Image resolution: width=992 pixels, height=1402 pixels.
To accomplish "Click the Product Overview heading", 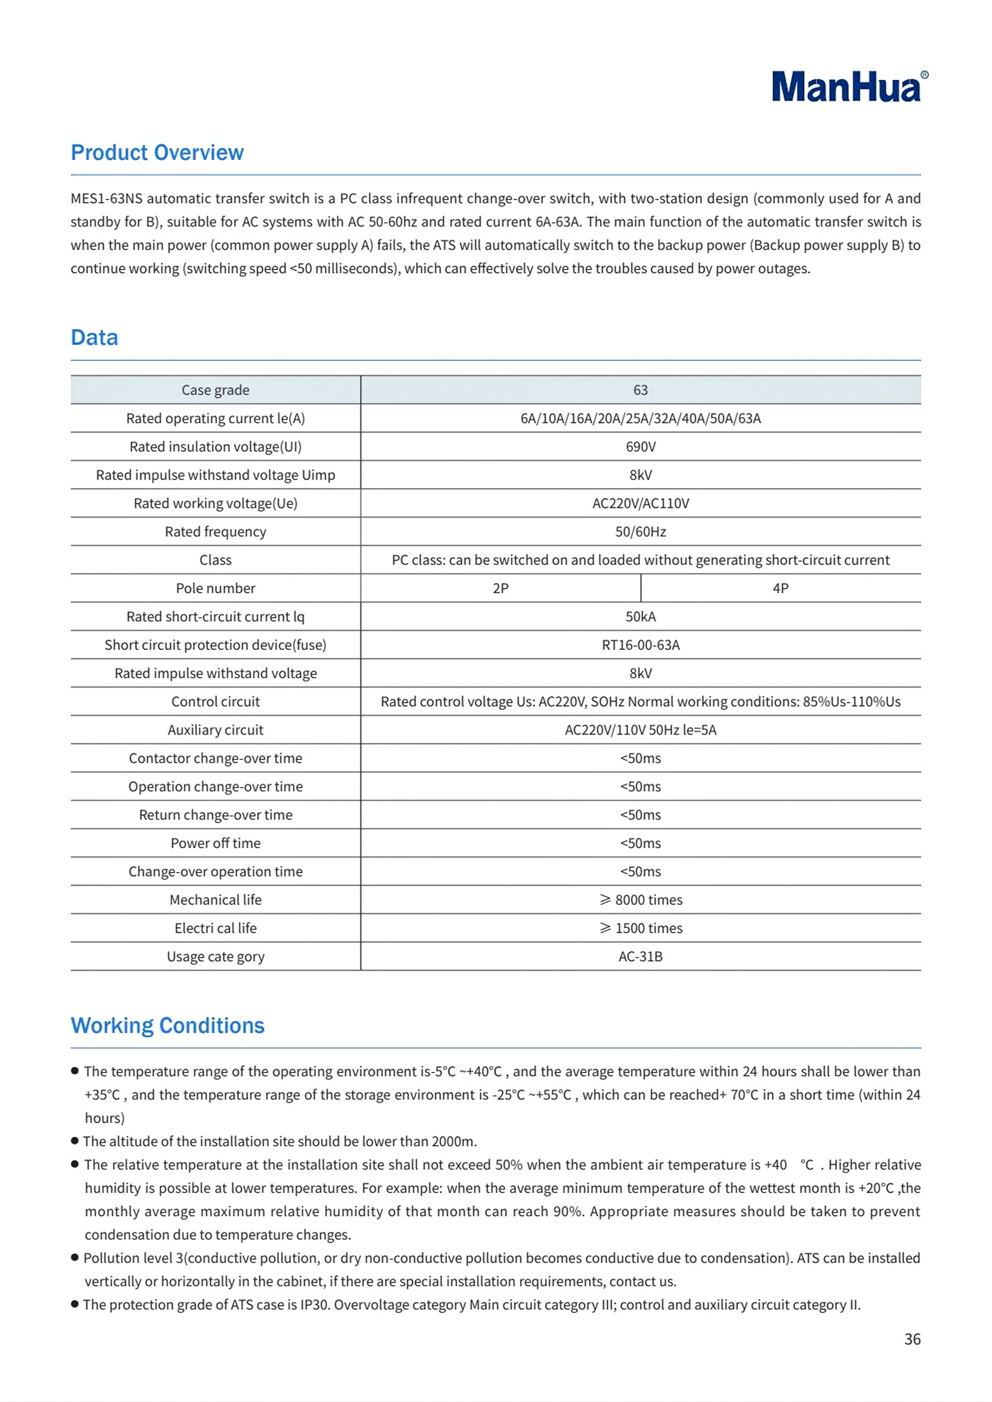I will (157, 152).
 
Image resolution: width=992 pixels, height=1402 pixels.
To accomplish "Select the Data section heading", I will (94, 338).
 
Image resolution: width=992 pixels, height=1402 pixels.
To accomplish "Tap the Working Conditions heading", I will (167, 1026).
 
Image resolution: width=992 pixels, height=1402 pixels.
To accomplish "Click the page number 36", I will (912, 1339).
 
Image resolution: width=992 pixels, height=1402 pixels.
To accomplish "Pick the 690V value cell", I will (640, 447).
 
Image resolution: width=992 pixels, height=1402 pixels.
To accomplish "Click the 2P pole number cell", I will (501, 588).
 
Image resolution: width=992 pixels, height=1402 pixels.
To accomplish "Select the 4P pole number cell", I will (780, 588).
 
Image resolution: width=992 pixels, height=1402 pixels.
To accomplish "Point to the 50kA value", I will (640, 616).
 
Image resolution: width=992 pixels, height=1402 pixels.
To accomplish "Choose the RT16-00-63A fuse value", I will (640, 645).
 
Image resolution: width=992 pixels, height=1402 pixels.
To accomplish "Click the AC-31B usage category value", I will (640, 957).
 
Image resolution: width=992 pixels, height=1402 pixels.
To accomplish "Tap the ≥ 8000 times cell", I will (640, 900).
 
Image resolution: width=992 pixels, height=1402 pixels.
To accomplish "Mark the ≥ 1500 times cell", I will (640, 928).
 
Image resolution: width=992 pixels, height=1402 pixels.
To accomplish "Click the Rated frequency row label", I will (215, 532).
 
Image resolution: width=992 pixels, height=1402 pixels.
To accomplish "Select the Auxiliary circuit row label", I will (215, 730).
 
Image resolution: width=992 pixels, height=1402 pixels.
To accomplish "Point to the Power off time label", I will (215, 843).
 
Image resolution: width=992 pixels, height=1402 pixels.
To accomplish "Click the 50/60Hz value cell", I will (640, 532).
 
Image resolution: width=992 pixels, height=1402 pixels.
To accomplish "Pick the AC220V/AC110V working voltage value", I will (640, 503).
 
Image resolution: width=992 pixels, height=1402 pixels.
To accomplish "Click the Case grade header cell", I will (215, 390).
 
